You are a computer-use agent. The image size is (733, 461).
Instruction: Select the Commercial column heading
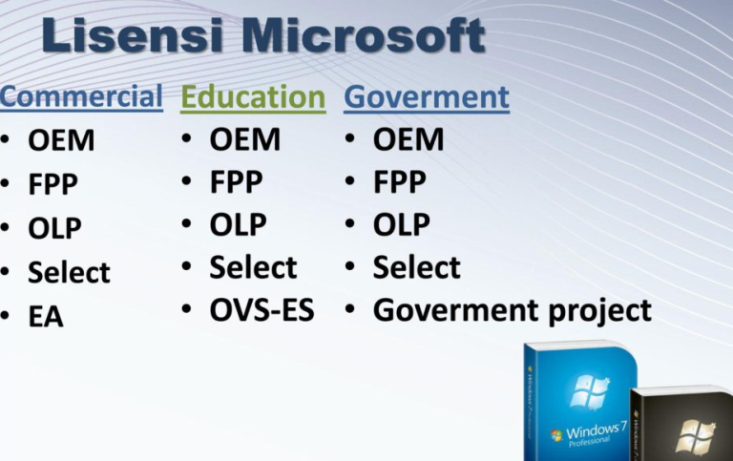click(x=81, y=96)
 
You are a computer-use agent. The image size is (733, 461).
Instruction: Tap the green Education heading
click(x=253, y=97)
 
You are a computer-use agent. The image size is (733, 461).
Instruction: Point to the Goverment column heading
click(x=426, y=97)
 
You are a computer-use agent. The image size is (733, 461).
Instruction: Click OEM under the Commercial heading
click(x=61, y=141)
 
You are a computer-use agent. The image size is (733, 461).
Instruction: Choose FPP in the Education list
click(x=236, y=182)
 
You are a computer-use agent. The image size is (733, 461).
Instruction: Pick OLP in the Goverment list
click(x=401, y=225)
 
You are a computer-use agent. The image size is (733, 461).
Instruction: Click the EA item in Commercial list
click(x=46, y=316)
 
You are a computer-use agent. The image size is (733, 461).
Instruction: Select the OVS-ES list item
click(x=262, y=310)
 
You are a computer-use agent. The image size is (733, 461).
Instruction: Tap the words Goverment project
click(x=512, y=310)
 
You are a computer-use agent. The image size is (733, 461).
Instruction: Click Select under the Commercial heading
click(x=69, y=273)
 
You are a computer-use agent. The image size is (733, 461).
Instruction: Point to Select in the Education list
click(x=253, y=267)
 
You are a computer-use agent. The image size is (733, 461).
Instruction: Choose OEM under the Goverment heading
click(x=408, y=140)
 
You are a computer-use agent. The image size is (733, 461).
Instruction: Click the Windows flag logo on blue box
click(x=588, y=392)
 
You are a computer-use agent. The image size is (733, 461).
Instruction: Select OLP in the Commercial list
click(x=54, y=229)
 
